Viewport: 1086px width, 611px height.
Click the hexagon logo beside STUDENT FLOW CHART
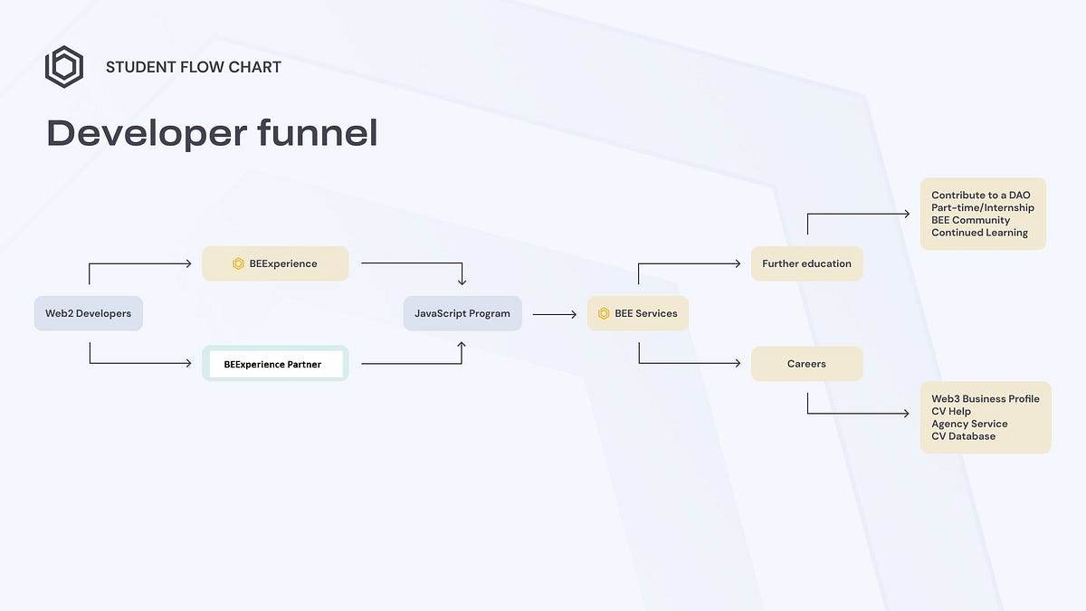[64, 67]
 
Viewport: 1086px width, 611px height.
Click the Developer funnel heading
[212, 133]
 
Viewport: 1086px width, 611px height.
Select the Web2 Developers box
[89, 313]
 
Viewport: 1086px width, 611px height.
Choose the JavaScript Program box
[462, 313]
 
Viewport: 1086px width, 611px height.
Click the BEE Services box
[638, 313]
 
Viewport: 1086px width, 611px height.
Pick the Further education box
[806, 263]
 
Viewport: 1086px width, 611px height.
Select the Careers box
[806, 364]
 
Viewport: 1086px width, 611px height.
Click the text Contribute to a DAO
[981, 195]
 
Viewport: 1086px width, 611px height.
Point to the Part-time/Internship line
[983, 207]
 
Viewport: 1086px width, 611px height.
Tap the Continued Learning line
[980, 233]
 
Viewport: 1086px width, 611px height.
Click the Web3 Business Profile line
[986, 398]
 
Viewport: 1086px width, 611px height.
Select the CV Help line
[951, 411]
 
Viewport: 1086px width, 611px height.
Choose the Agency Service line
[969, 424]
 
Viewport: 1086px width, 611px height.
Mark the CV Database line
[964, 436]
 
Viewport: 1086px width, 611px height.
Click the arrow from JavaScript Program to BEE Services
[554, 314]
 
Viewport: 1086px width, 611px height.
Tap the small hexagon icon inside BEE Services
[604, 313]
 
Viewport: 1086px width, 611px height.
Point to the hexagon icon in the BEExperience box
[238, 263]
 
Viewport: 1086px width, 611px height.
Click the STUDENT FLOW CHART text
[194, 67]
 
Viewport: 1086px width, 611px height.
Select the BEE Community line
[971, 220]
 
